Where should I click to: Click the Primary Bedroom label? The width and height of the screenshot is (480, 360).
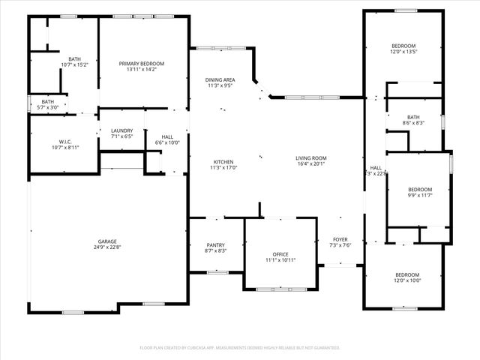coord(141,64)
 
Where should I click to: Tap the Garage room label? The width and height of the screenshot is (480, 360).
coord(107,241)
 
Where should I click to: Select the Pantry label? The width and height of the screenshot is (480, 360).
coord(216,245)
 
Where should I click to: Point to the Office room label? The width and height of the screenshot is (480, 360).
coord(280,254)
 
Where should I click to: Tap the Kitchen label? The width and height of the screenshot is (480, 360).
coord(223,162)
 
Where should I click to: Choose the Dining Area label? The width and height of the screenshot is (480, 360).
coord(220,79)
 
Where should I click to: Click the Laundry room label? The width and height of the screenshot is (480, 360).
coord(121,130)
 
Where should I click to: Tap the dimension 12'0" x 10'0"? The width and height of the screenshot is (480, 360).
coord(407,281)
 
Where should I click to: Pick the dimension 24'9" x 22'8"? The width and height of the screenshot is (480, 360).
coord(107,247)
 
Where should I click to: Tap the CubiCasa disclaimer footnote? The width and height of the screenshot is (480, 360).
coord(240,348)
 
